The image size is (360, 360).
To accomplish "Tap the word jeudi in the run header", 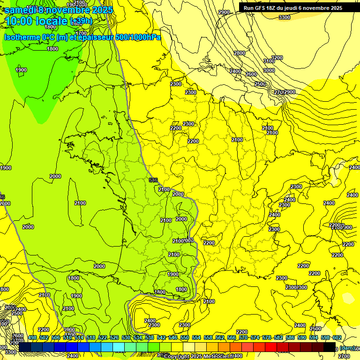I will (296, 8).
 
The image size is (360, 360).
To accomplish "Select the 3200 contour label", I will (277, 58).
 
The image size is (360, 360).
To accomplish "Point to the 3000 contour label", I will (269, 70).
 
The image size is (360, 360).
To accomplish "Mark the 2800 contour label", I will (240, 53).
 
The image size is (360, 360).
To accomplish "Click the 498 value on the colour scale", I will (32, 337).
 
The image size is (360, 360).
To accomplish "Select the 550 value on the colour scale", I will (185, 337).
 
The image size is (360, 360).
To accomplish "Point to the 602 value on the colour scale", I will (337, 337).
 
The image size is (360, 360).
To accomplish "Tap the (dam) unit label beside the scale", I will (347, 347).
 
